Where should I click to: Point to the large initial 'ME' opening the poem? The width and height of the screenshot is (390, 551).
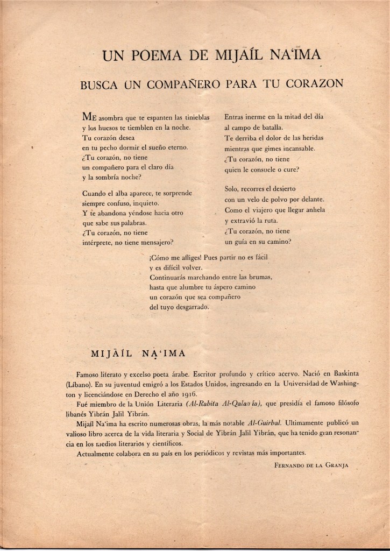[x=89, y=117]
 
